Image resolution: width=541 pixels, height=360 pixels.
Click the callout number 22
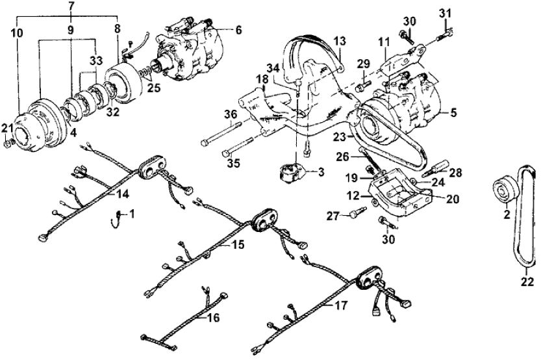pos(527,282)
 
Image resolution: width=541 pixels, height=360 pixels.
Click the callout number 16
pos(214,318)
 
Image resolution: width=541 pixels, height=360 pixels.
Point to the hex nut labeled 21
pos(7,142)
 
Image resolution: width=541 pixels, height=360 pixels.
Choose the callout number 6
pos(238,30)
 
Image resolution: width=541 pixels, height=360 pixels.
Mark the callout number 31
pos(444,14)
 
